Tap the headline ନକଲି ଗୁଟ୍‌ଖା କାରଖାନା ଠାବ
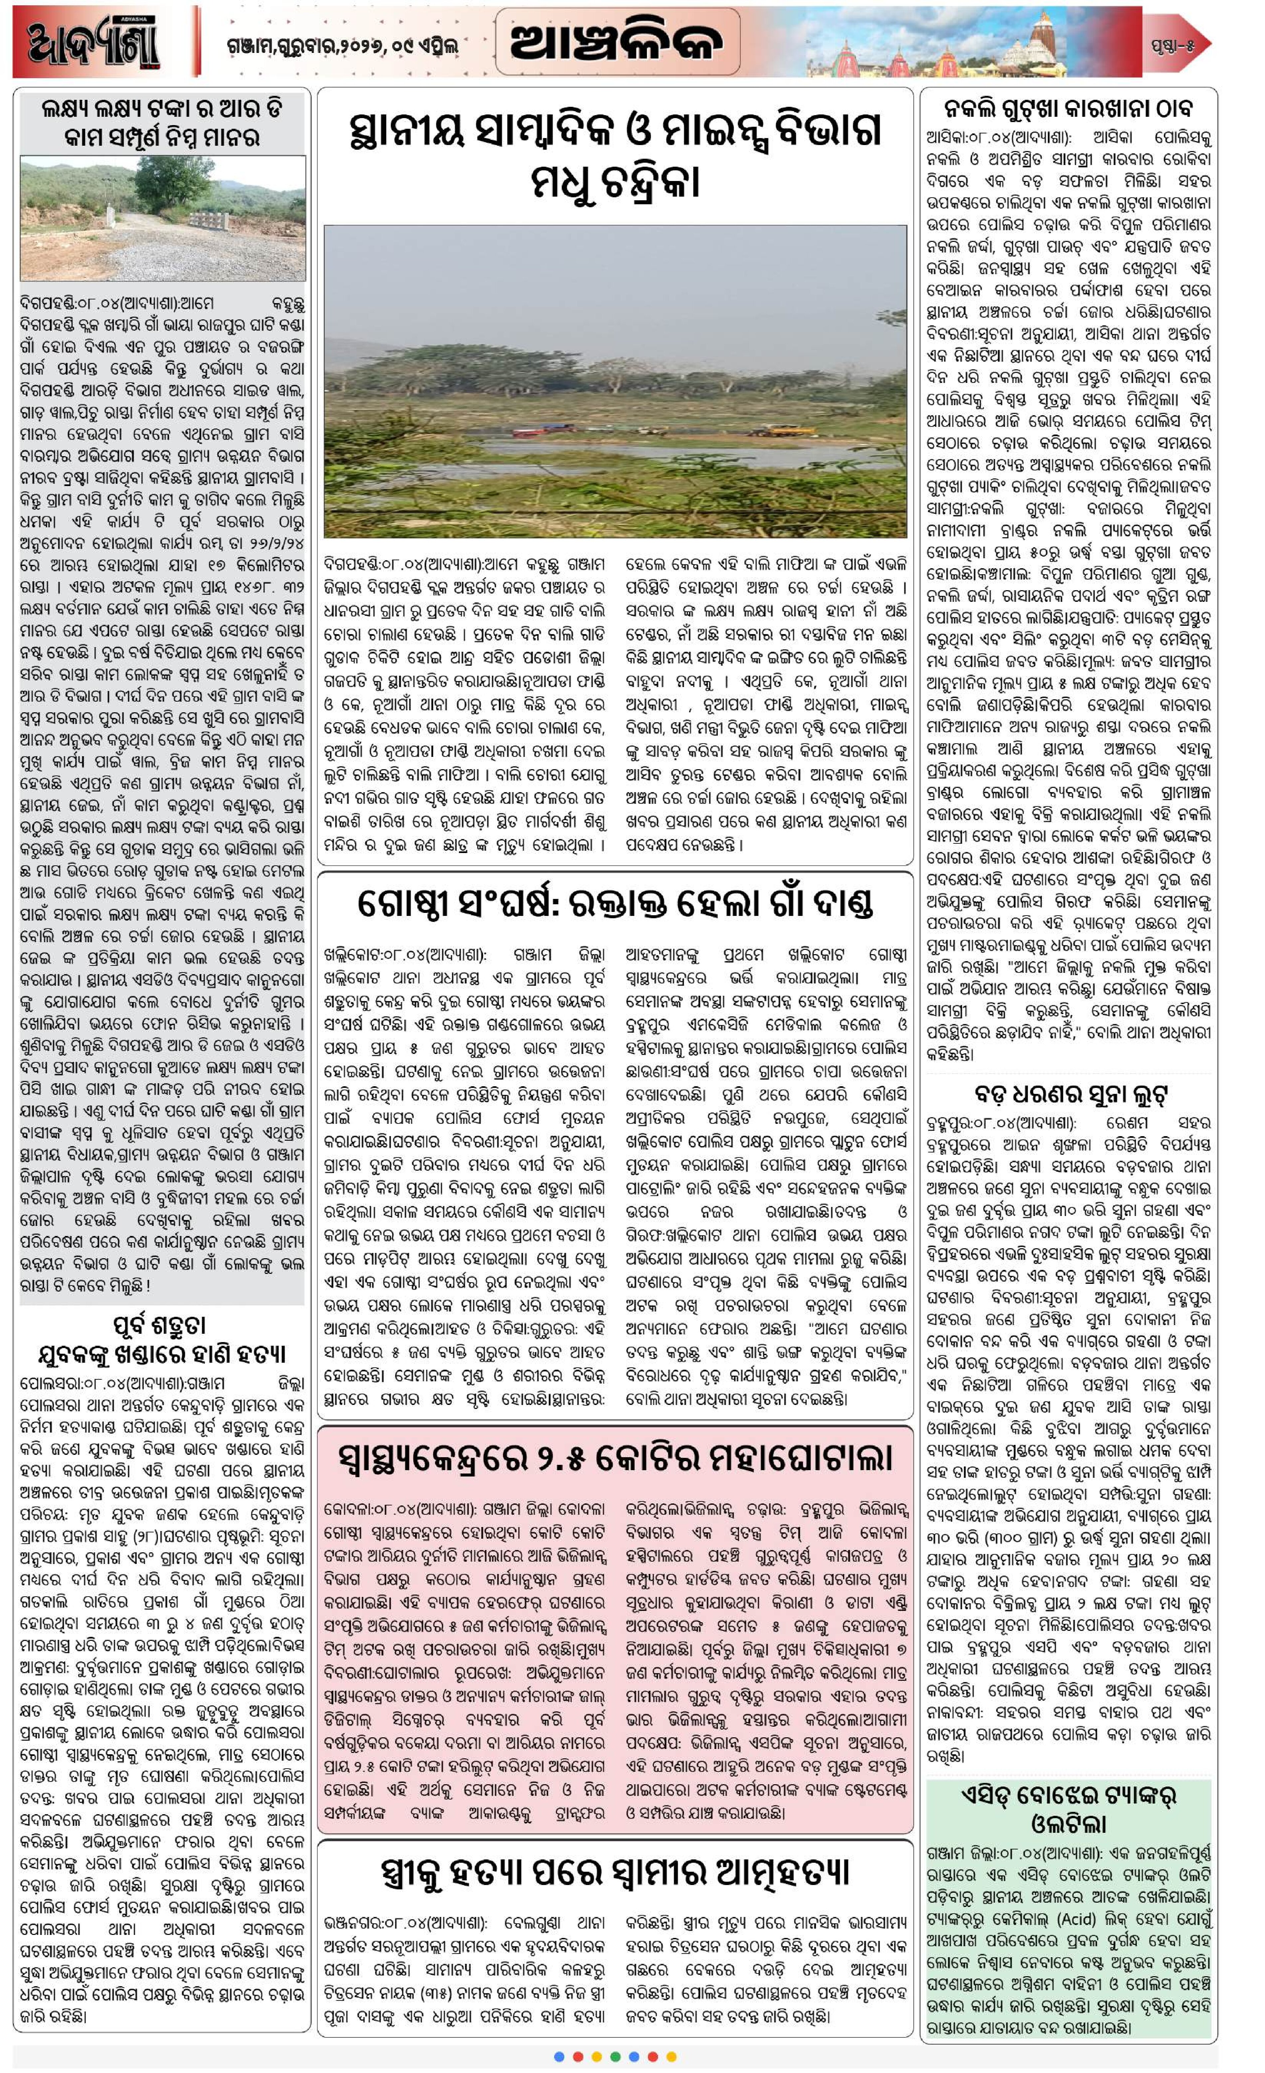pos(1068,108)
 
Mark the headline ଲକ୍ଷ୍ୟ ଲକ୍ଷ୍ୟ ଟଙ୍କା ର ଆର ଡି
pos(162,108)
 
